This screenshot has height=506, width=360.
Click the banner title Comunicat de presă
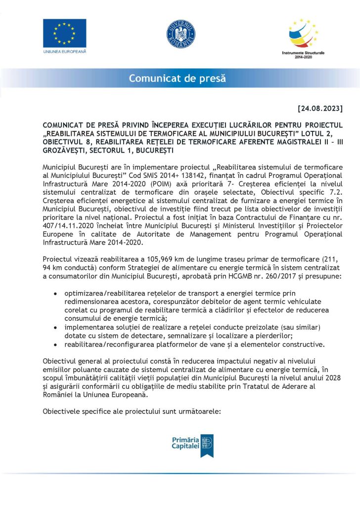[177, 78]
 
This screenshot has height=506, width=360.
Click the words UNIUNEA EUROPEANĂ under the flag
[64, 51]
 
